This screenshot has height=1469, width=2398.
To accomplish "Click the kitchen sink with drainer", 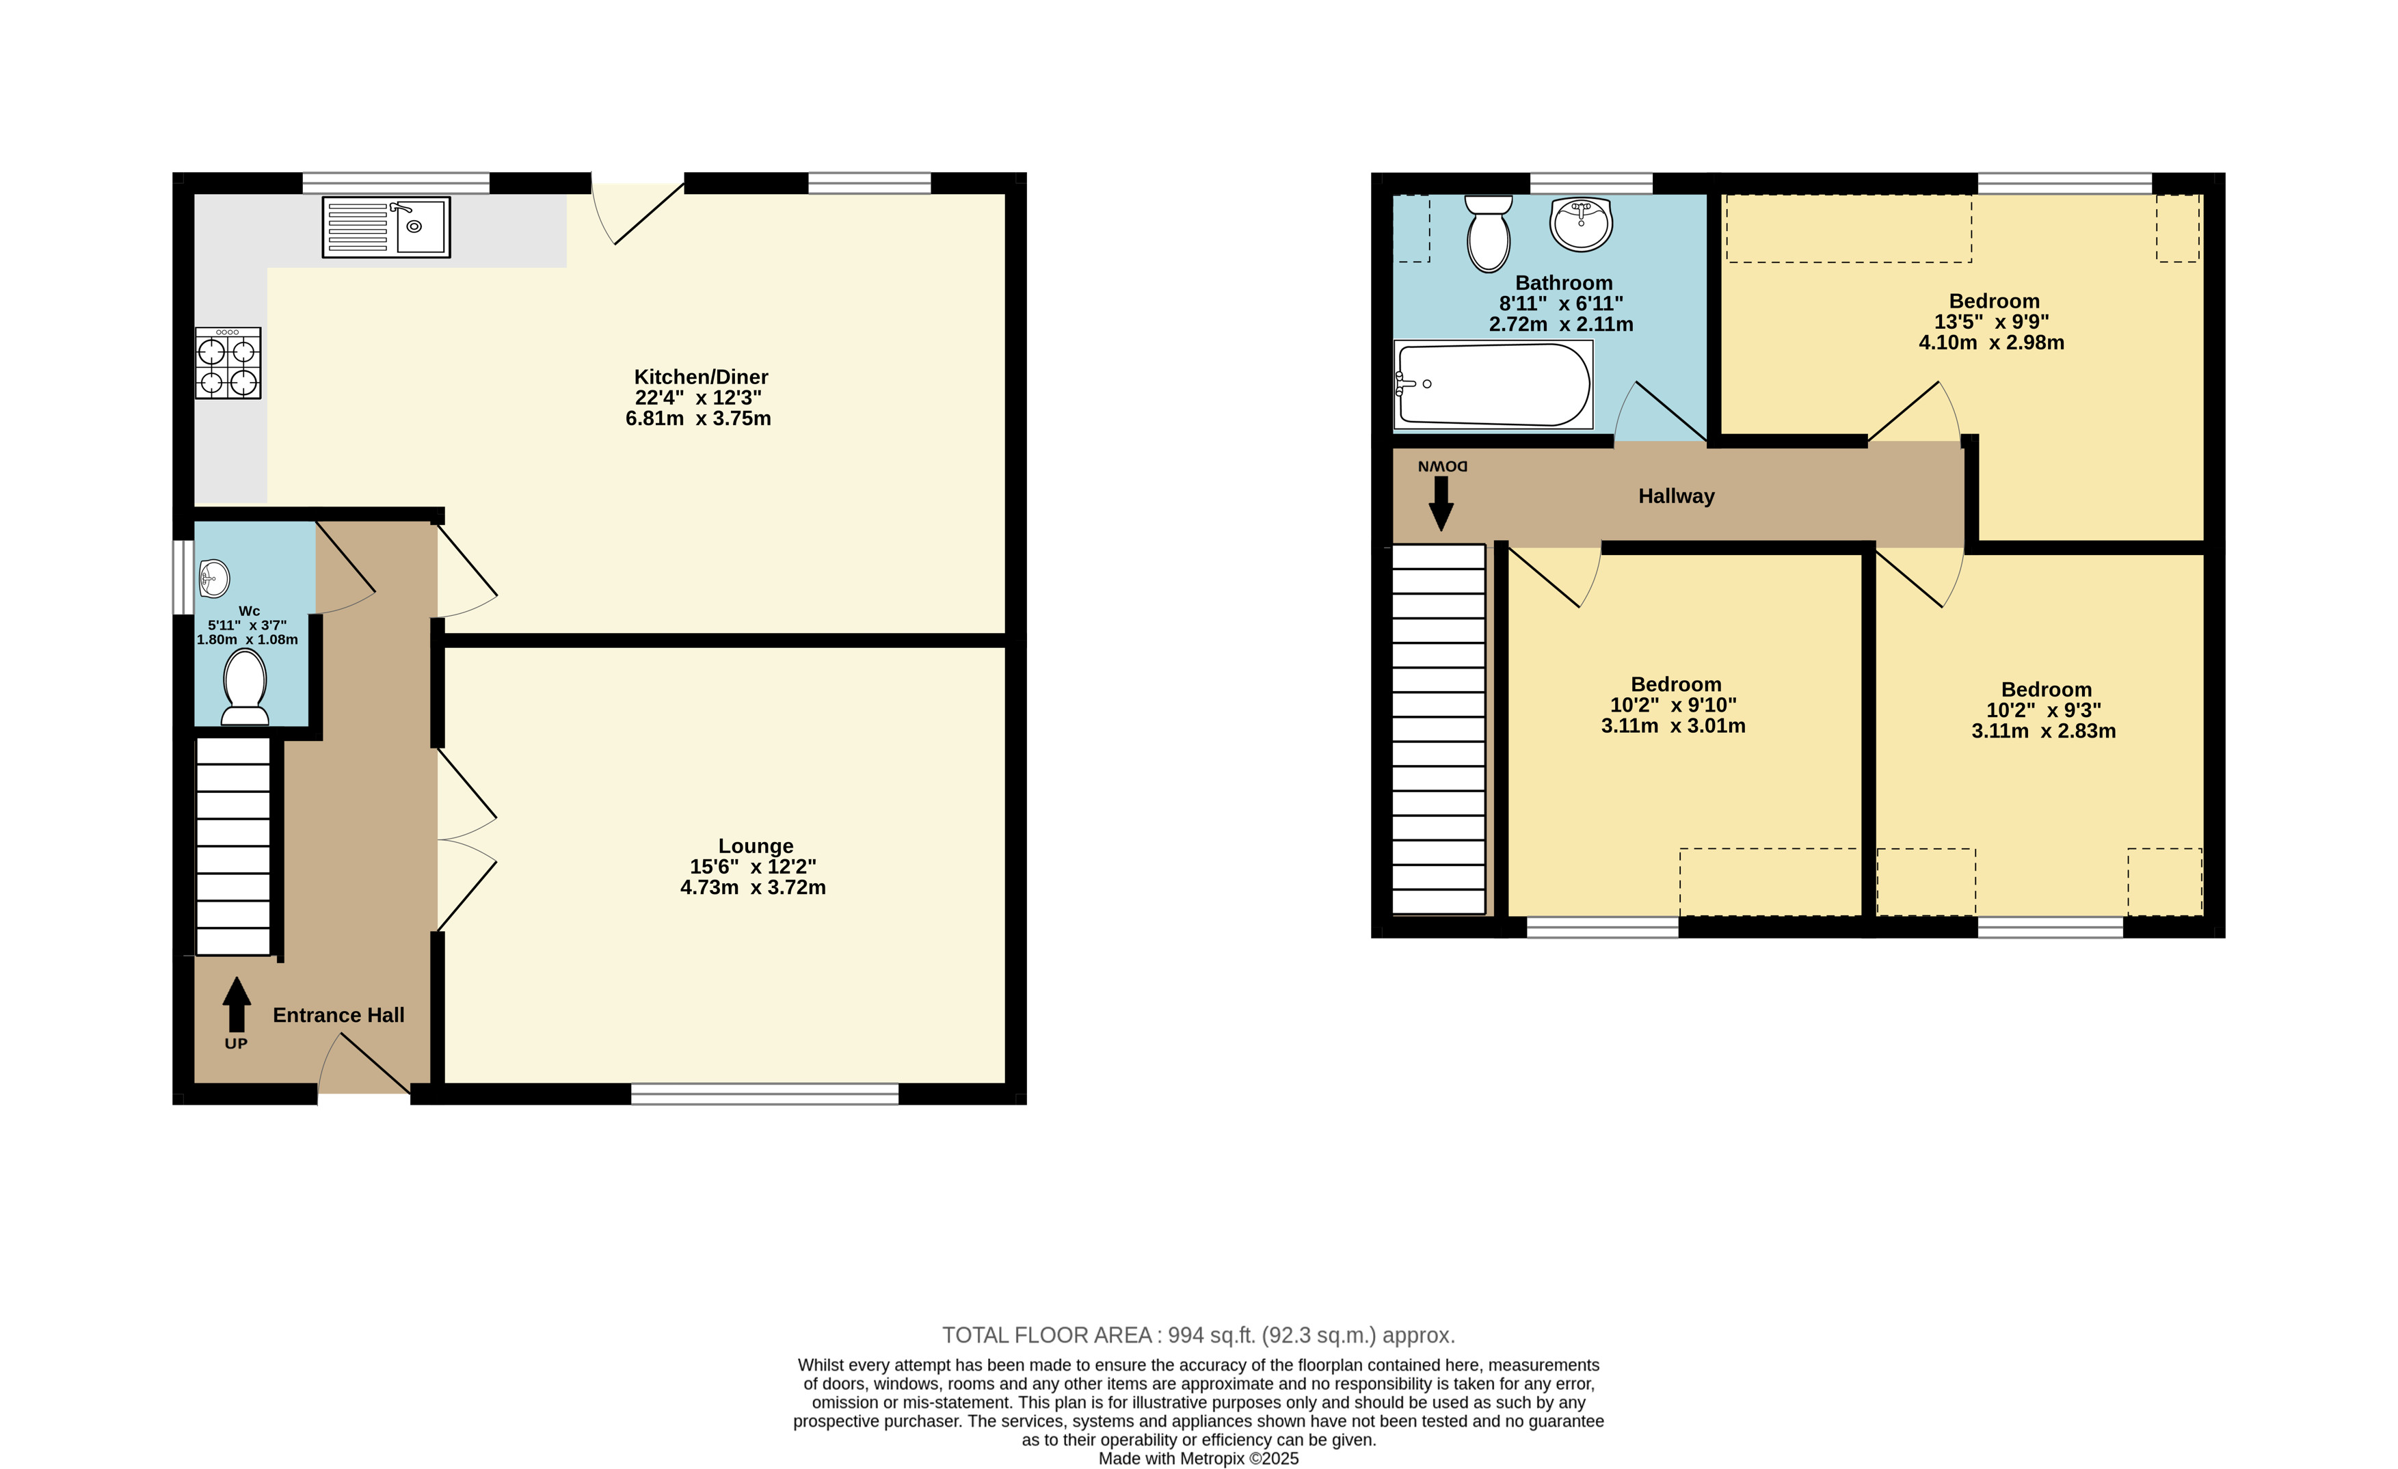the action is [386, 228].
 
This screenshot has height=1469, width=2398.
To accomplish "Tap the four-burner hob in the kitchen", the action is [228, 363].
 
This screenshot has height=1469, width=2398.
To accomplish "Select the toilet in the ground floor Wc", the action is [245, 687].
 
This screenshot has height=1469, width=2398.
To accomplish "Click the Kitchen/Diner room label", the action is [701, 377].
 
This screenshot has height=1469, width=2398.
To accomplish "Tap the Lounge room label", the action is [756, 846].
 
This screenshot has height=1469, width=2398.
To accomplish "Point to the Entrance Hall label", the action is [338, 1014].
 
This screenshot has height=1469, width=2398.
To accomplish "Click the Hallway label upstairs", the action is [1676, 496].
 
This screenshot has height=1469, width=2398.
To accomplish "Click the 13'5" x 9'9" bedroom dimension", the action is [1991, 322].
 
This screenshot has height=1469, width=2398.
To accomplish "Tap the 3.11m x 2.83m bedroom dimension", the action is [2044, 731].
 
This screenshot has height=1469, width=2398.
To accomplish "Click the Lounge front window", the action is [765, 1094].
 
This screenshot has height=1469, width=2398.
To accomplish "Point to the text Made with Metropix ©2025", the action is [1198, 1458].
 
